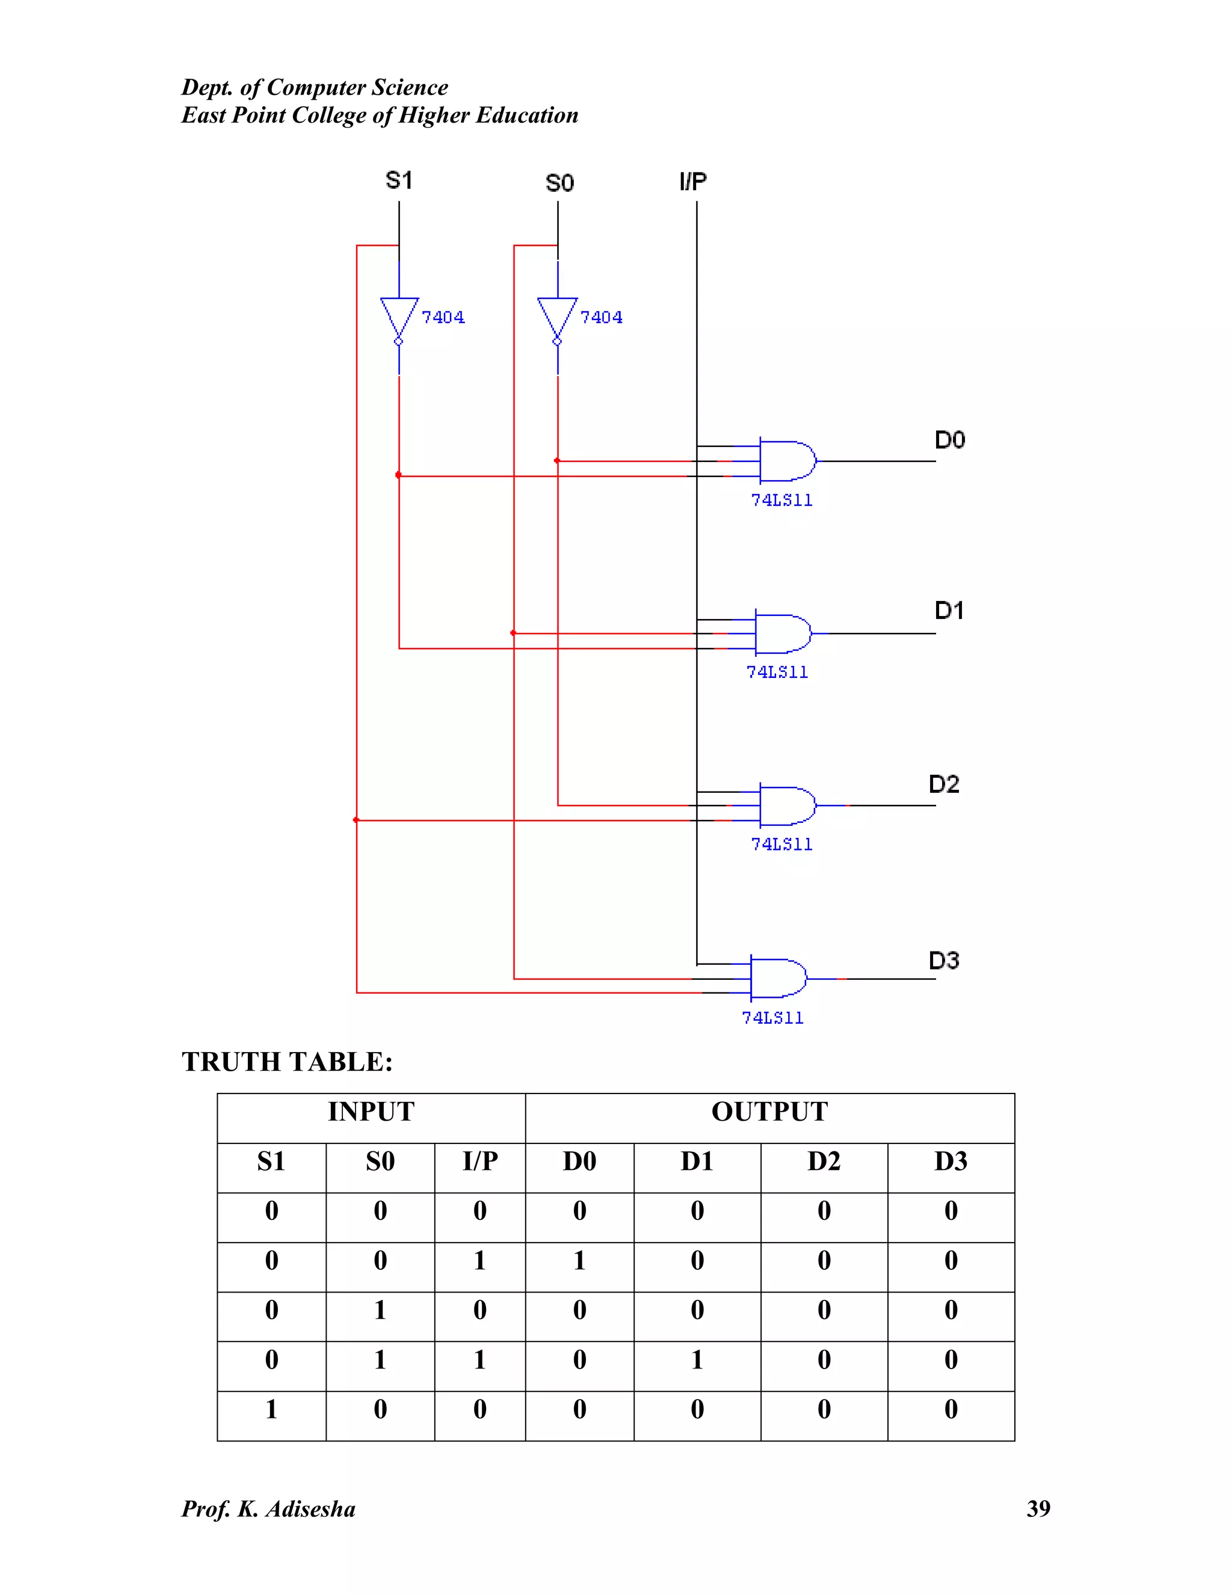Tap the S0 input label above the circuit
tap(560, 182)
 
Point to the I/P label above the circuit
tap(692, 181)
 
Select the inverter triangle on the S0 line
tap(558, 318)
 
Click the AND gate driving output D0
tap(787, 461)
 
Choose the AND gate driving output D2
tap(787, 806)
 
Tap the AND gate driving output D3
tap(778, 979)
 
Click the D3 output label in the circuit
tap(944, 961)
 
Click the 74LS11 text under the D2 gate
tap(781, 845)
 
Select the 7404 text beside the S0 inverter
tap(602, 318)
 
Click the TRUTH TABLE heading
tap(287, 1062)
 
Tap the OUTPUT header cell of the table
tap(769, 1112)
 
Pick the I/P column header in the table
tap(479, 1161)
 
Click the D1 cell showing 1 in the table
tap(697, 1360)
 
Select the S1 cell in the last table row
tap(271, 1409)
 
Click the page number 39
tap(1038, 1509)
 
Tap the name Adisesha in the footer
tap(310, 1509)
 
